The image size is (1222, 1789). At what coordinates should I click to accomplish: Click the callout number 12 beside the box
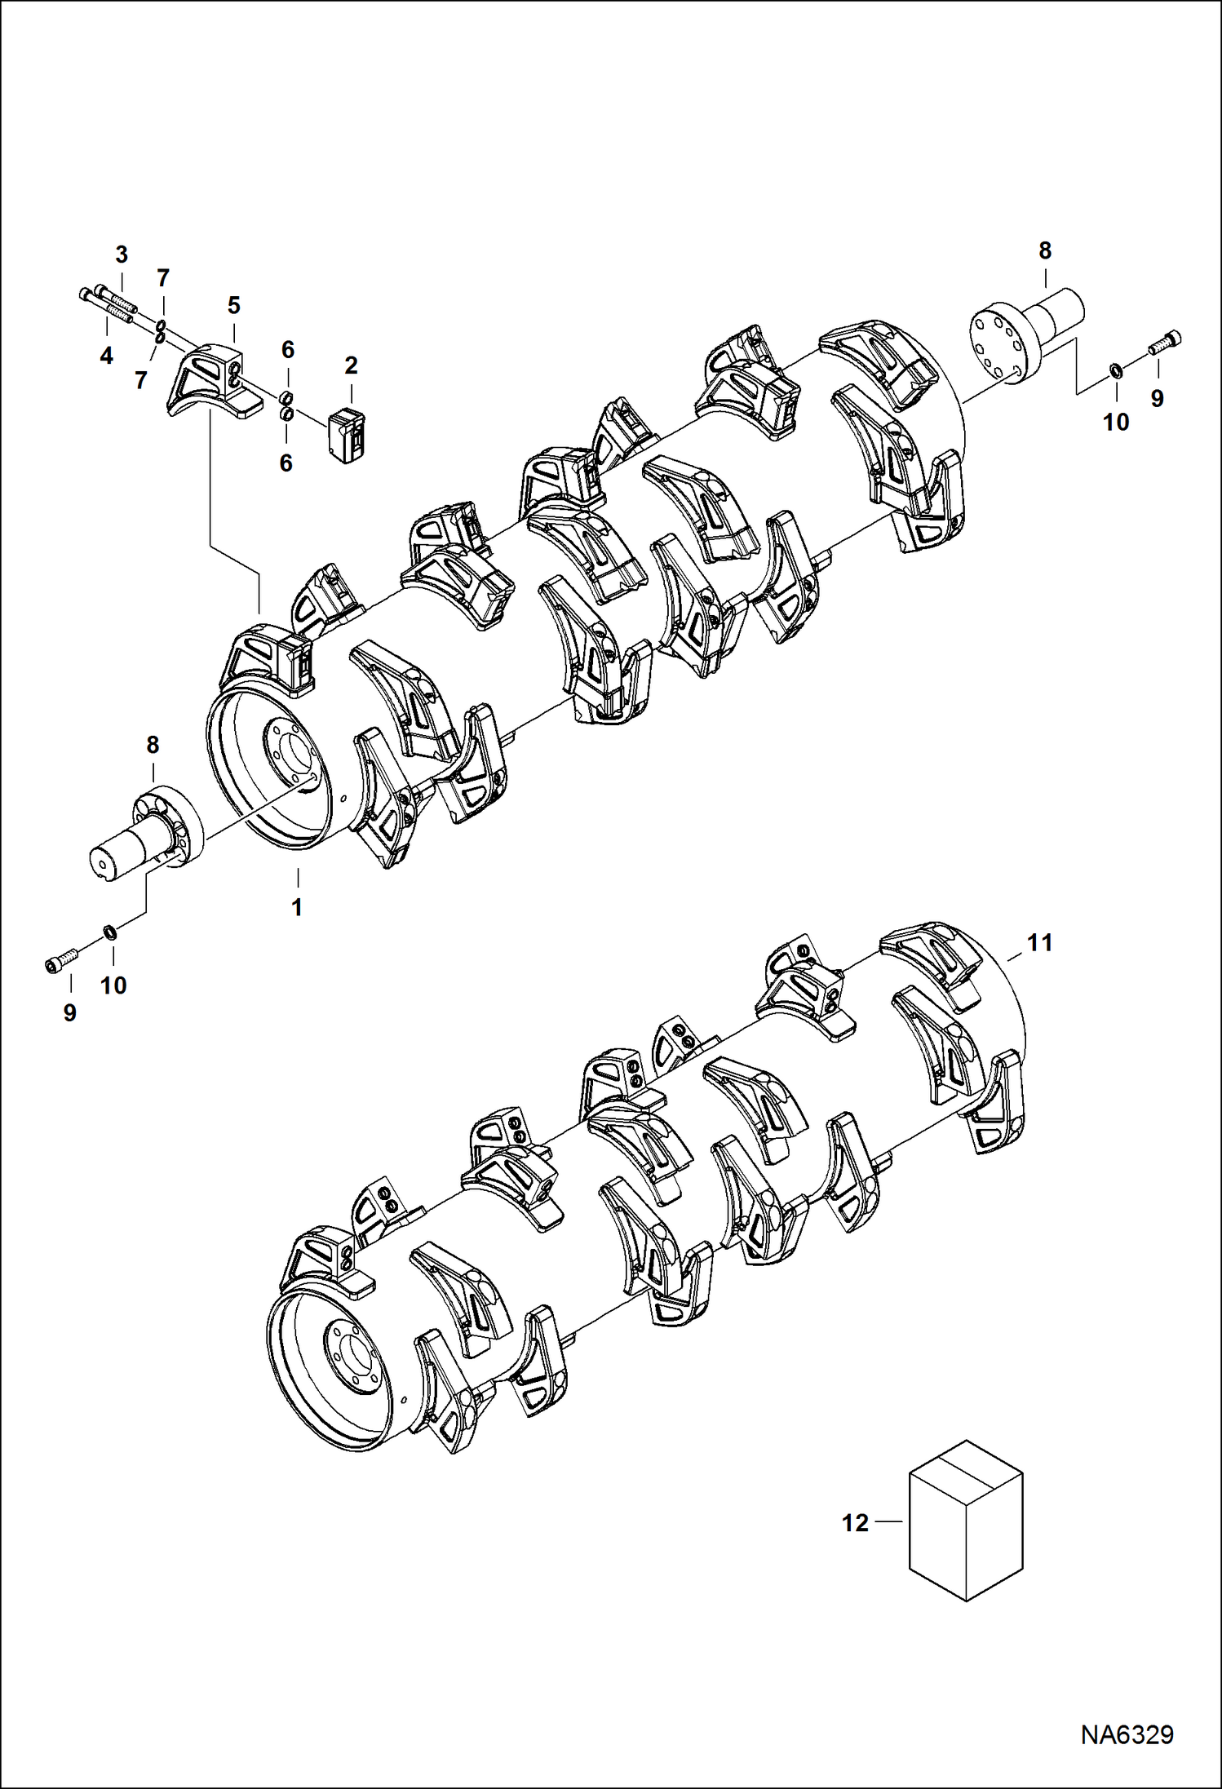[x=855, y=1523]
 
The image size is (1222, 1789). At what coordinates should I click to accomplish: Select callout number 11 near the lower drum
[x=1039, y=943]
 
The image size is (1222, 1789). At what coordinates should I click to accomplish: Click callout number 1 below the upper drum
[x=298, y=906]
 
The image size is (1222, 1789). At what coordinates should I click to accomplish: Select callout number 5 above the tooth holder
[x=234, y=306]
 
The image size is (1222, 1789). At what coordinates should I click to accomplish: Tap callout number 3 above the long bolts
[x=122, y=254]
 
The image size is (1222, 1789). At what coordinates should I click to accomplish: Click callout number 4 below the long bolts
[x=106, y=356]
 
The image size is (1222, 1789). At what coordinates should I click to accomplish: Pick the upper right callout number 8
[x=1045, y=250]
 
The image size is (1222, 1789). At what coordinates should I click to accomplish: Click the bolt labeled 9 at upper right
[x=1165, y=343]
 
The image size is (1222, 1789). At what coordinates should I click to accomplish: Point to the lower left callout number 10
[x=113, y=985]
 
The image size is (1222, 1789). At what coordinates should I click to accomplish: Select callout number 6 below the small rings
[x=286, y=463]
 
